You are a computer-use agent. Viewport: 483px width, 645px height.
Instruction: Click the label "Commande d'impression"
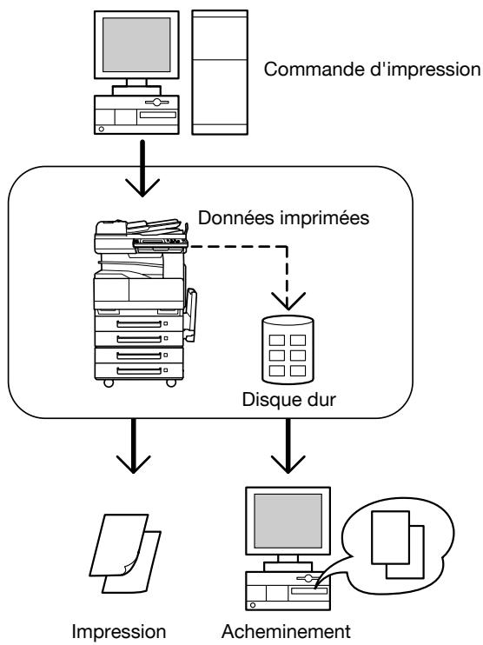pyautogui.click(x=372, y=70)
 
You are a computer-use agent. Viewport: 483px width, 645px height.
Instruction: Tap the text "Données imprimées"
pyautogui.click(x=284, y=217)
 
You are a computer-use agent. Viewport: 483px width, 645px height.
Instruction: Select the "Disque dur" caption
pyautogui.click(x=288, y=399)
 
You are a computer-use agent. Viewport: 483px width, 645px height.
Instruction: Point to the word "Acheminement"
pyautogui.click(x=286, y=631)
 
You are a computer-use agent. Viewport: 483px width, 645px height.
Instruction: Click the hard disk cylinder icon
pyautogui.click(x=288, y=349)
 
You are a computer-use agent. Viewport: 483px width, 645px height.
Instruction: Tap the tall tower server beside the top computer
pyautogui.click(x=220, y=72)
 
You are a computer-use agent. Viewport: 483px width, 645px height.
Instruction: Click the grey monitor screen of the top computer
pyautogui.click(x=136, y=44)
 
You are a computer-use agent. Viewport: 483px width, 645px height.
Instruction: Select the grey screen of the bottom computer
pyautogui.click(x=288, y=521)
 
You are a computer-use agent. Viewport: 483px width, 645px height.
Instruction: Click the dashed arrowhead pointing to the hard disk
pyautogui.click(x=288, y=301)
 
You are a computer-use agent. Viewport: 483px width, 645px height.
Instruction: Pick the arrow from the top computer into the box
pyautogui.click(x=142, y=169)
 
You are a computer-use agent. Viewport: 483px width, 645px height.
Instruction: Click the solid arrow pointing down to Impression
pyautogui.click(x=133, y=446)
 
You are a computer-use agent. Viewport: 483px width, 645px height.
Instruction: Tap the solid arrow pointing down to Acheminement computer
pyautogui.click(x=288, y=446)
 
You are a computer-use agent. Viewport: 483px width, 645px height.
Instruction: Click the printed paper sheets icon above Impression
pyautogui.click(x=125, y=553)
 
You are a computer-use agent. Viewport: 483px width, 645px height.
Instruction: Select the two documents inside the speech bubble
pyautogui.click(x=398, y=545)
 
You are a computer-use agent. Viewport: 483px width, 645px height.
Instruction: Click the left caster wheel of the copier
pyautogui.click(x=109, y=383)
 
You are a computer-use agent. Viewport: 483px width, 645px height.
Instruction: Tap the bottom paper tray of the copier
pyautogui.click(x=139, y=370)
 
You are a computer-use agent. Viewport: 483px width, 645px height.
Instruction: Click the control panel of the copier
pyautogui.click(x=161, y=244)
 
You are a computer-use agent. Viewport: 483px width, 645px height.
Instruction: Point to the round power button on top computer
pyautogui.click(x=102, y=129)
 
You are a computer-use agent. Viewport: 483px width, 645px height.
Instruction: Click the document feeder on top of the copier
pyautogui.click(x=154, y=226)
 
